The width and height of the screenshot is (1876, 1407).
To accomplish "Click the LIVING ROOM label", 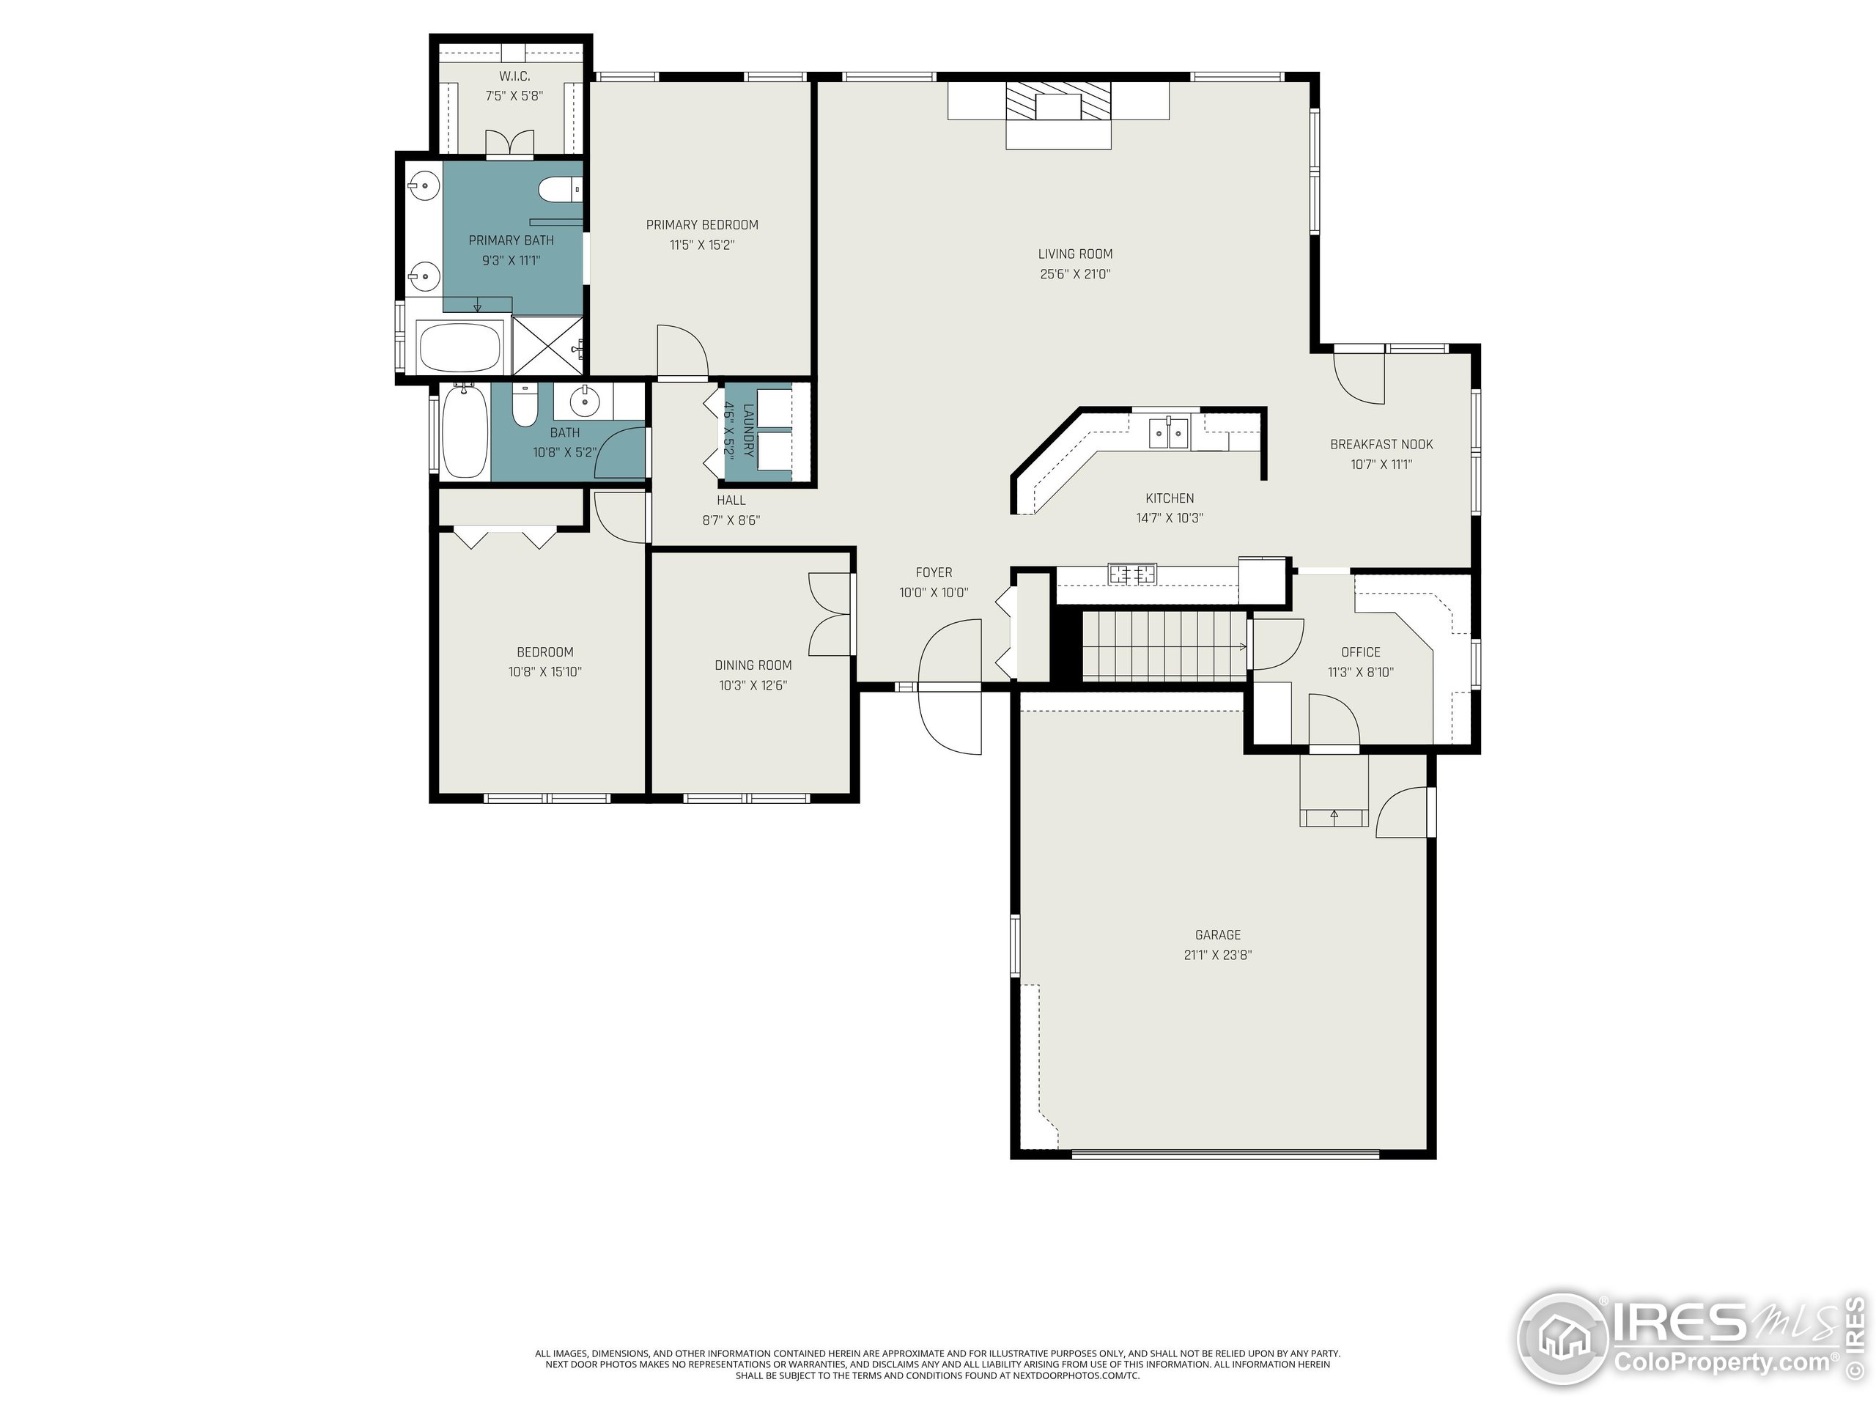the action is [x=1074, y=254].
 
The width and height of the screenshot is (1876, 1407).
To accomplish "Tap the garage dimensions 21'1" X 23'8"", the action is [x=1218, y=955].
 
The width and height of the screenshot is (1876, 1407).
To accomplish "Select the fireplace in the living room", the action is [x=1058, y=114].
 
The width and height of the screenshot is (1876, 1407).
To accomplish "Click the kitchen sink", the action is [x=1170, y=432].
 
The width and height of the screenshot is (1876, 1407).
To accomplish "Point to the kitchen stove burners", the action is [x=1132, y=575].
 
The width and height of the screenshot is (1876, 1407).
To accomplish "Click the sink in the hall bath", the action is [x=583, y=401].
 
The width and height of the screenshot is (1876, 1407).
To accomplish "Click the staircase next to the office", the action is [x=1164, y=646].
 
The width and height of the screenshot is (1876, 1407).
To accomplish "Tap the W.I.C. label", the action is [x=514, y=76].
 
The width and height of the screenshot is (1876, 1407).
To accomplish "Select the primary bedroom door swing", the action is [x=682, y=350].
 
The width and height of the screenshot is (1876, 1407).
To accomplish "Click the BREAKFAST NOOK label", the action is [x=1381, y=444].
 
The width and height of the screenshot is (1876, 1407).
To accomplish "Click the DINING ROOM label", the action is [x=753, y=665].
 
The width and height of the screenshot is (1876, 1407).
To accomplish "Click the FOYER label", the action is [x=934, y=572].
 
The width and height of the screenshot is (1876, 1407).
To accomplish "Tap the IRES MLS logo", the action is [x=1692, y=1339].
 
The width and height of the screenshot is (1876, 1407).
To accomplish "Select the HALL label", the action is [x=731, y=501].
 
